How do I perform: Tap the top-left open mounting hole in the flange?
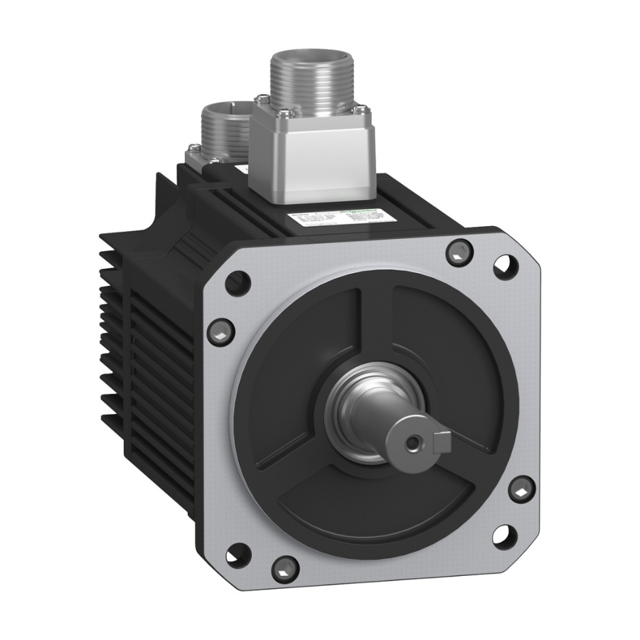pos(238,283)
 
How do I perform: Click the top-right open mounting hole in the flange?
pos(506,265)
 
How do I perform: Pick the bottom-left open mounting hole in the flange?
pos(238,553)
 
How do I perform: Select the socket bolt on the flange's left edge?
pos(220,330)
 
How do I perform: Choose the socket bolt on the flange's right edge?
pos(522,489)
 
